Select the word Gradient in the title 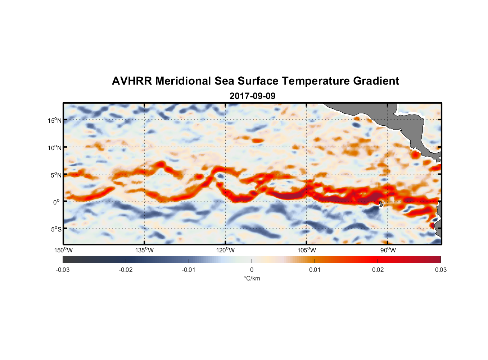376,81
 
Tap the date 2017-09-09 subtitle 252,96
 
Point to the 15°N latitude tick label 55,120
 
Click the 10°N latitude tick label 55,148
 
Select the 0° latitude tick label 57,202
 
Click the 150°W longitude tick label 63,250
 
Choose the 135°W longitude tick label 144,250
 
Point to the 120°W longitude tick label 225,250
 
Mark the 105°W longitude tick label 307,250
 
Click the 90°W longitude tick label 388,250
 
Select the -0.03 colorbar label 63,270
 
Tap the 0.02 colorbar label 378,270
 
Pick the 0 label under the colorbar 252,270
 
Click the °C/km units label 252,278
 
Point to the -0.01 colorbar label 189,270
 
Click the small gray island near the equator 381,204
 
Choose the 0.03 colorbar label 440,270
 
